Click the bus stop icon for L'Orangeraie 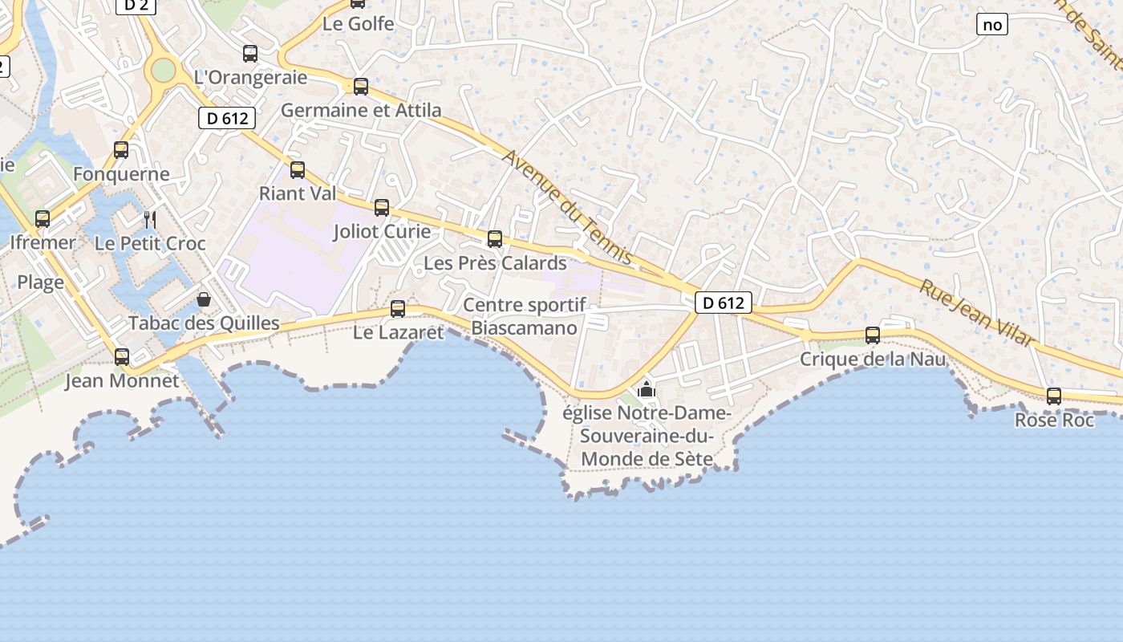[x=250, y=54]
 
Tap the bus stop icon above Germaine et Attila [x=361, y=87]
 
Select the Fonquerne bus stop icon [x=121, y=149]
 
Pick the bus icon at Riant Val [x=298, y=169]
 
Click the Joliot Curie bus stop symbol [x=382, y=208]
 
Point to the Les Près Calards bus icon [x=495, y=238]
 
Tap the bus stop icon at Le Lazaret [x=397, y=309]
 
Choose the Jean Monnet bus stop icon [x=122, y=356]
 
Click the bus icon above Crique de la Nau [x=873, y=335]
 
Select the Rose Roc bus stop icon [x=1054, y=396]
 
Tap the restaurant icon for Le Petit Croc [x=149, y=219]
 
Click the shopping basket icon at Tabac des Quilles [x=204, y=299]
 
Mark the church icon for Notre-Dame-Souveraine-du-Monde [x=647, y=391]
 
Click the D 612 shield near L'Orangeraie [x=227, y=119]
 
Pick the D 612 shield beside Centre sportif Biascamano [x=723, y=303]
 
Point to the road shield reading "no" [x=992, y=25]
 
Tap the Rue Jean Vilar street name [x=977, y=313]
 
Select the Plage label [x=41, y=282]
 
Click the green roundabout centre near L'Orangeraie [x=164, y=71]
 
